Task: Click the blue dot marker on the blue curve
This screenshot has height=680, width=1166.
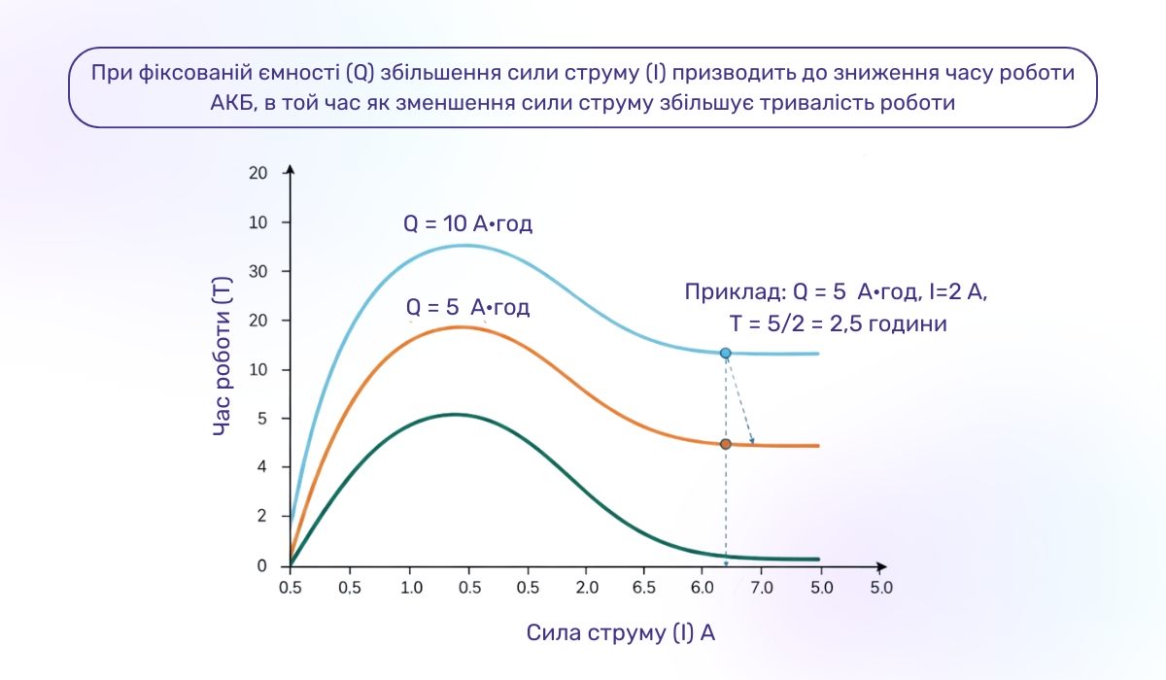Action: pyautogui.click(x=725, y=353)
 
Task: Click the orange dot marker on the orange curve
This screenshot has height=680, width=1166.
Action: pyautogui.click(x=725, y=444)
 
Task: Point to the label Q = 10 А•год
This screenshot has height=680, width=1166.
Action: pyautogui.click(x=468, y=223)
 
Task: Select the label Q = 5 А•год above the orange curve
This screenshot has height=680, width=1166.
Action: pyautogui.click(x=468, y=308)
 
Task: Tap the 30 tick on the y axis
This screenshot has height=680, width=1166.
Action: pyautogui.click(x=257, y=271)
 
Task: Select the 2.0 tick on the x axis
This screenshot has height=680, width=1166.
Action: pyautogui.click(x=586, y=588)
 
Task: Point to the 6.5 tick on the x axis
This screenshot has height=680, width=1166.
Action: pyautogui.click(x=644, y=588)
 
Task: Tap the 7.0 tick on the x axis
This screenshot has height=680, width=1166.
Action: pyautogui.click(x=762, y=588)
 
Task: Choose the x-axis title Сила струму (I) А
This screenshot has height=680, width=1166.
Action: pyautogui.click(x=622, y=632)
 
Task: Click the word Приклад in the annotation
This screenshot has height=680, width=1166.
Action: pyautogui.click(x=723, y=291)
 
